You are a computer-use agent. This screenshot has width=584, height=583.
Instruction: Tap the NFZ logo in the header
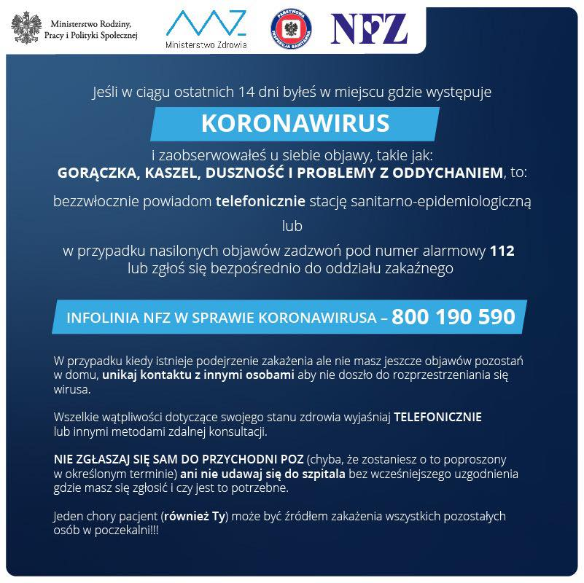(368, 28)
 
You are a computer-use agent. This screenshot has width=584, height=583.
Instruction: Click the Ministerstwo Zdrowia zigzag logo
(206, 23)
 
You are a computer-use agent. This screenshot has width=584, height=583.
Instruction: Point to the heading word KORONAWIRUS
(295, 123)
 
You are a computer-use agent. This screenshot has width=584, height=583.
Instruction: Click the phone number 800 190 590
(453, 318)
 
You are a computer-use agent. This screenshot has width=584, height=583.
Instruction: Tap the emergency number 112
(502, 251)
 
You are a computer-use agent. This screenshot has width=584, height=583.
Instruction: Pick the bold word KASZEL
(173, 173)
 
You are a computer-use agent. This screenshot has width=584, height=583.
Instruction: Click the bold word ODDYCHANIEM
(445, 173)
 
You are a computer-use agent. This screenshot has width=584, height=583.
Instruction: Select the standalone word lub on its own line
(292, 225)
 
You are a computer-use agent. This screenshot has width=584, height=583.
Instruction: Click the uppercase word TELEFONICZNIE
(437, 418)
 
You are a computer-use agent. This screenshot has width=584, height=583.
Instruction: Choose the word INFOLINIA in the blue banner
(100, 318)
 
